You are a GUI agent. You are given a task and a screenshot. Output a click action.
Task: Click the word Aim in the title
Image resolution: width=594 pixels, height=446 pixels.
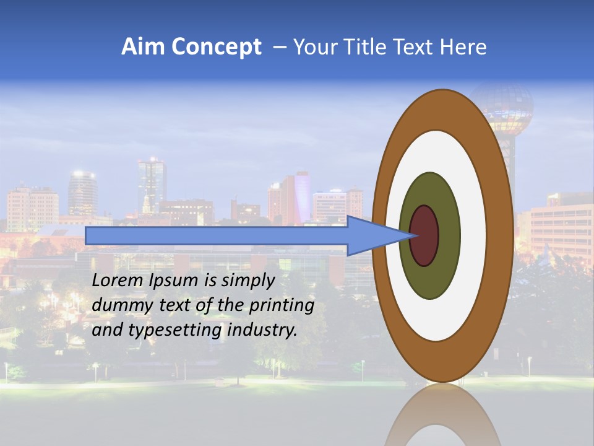pos(143,47)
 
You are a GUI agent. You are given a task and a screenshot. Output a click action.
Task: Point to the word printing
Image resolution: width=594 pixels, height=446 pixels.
pos(282,306)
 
